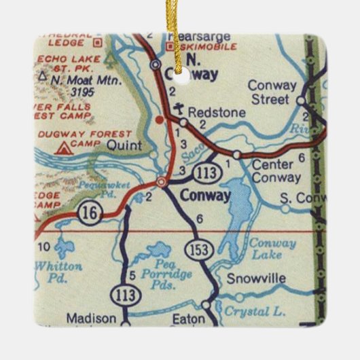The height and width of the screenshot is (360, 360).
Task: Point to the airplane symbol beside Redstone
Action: pyautogui.click(x=178, y=109)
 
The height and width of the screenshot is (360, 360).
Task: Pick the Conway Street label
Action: pyautogui.click(x=272, y=92)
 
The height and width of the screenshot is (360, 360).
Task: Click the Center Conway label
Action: pyautogui.click(x=276, y=171)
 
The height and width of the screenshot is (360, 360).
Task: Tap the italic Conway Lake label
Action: pyautogui.click(x=272, y=249)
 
